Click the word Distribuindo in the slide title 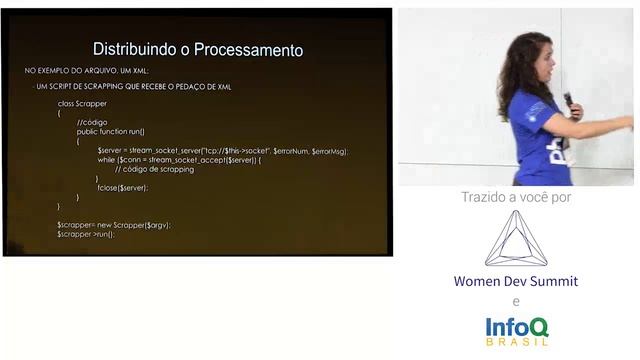(x=128, y=49)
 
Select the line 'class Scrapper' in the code (x=81, y=104)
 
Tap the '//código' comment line (x=92, y=122)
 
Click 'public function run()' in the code (x=111, y=131)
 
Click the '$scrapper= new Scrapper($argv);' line (x=114, y=225)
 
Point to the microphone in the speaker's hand (x=569, y=100)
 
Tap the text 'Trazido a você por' (x=515, y=197)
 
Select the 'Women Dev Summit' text (x=516, y=281)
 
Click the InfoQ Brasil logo (x=516, y=329)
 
